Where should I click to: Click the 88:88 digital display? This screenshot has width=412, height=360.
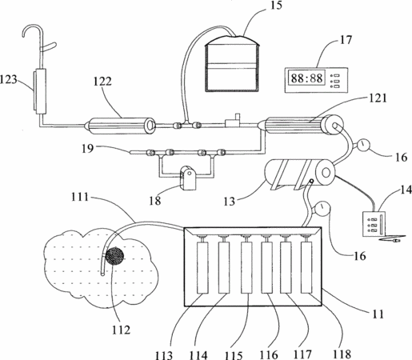tap(307, 78)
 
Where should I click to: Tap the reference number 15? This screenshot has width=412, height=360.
tap(276, 6)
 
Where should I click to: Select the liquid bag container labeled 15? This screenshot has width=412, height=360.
tap(231, 64)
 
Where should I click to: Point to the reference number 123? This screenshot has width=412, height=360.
tap(8, 79)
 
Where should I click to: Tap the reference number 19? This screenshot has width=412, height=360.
tap(88, 148)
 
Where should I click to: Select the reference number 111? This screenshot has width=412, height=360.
tap(80, 197)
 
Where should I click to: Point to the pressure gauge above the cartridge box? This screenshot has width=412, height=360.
tap(322, 208)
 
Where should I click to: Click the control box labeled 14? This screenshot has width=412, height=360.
tap(374, 224)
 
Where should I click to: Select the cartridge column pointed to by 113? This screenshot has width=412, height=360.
tap(202, 267)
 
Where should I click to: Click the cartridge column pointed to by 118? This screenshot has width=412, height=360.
tap(306, 267)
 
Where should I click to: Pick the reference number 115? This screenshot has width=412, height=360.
tap(234, 355)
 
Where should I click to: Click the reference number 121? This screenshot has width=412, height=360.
tap(378, 98)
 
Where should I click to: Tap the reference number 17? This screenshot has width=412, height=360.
tap(346, 40)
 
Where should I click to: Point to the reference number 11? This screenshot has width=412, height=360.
tap(378, 314)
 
